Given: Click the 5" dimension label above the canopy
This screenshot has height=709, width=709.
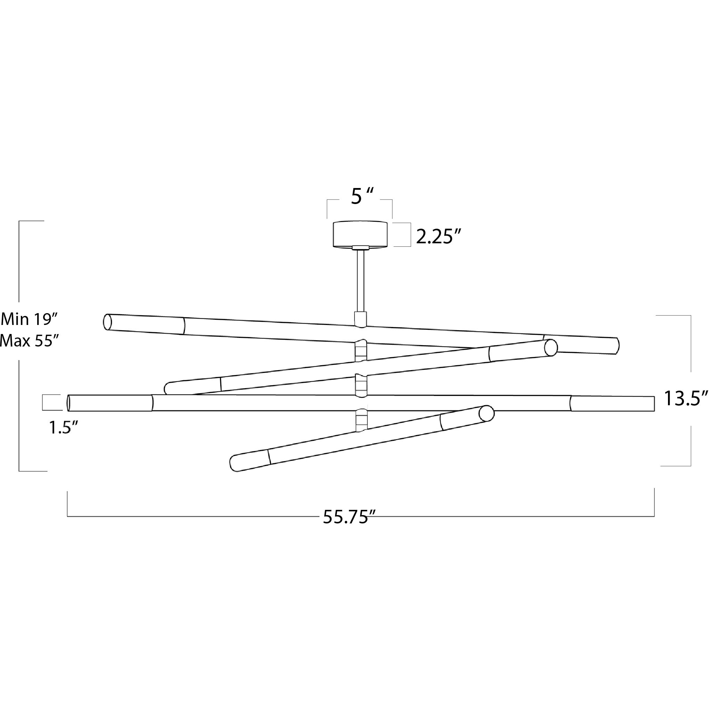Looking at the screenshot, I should [362, 197].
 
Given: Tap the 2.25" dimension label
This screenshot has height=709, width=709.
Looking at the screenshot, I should [438, 237].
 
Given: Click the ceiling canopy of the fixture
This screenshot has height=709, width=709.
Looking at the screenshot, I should [360, 234].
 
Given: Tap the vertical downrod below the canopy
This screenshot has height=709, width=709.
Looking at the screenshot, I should [360, 281].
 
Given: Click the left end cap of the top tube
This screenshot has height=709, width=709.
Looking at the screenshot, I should [107, 322].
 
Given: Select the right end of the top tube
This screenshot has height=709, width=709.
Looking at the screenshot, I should [617, 346].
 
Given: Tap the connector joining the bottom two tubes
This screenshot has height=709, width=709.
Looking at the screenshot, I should [361, 421].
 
